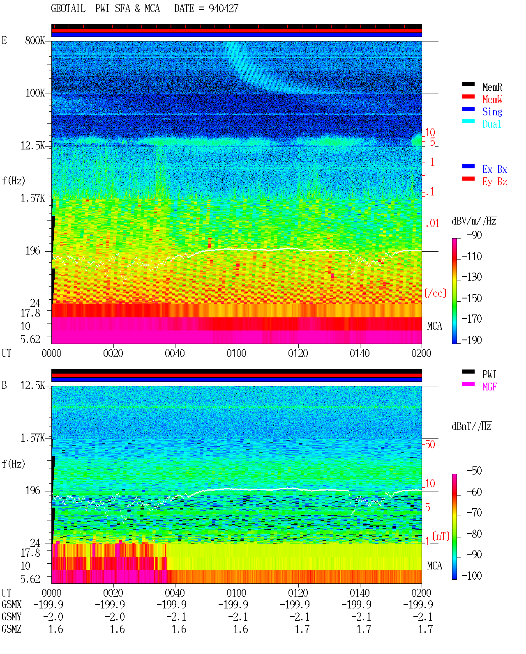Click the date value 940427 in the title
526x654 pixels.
coord(224,8)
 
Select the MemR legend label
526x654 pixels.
coord(492,87)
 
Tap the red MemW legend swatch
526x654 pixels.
coord(468,96)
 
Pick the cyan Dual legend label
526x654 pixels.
coord(492,124)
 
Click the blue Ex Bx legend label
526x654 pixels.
coord(495,169)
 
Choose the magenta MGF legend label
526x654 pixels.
coord(490,387)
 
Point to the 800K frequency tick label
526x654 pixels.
coord(35,40)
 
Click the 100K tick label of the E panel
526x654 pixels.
coord(35,93)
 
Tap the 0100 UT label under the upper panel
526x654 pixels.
coord(236,353)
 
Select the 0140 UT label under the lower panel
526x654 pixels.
coord(360,593)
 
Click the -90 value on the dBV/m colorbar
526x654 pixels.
coord(474,235)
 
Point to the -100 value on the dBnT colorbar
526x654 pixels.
coord(472,576)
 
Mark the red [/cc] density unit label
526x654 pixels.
coord(435,293)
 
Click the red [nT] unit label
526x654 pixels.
coord(441,536)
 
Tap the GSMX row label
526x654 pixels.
coord(12,604)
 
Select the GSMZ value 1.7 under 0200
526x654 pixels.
coord(425,629)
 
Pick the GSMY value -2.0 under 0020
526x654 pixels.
coord(115,617)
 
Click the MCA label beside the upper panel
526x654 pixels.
coord(434,326)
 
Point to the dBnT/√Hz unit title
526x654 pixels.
coord(472,427)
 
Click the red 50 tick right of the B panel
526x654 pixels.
coord(429,444)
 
